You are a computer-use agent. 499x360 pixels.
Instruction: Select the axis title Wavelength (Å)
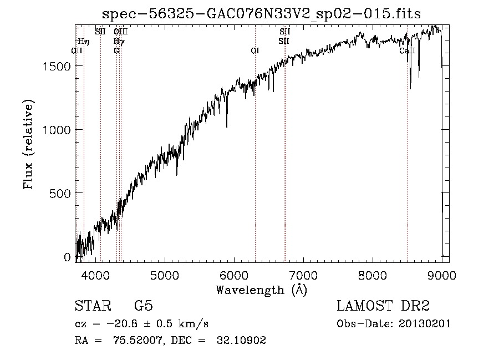coord(261,290)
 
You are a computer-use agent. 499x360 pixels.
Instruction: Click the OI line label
coord(255,51)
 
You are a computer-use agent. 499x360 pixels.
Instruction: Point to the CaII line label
coord(408,51)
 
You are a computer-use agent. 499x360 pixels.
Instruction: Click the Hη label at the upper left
coord(84,41)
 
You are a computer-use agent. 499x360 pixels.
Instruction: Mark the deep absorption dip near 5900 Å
coord(227,126)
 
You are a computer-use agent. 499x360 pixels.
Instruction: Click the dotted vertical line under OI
coord(255,166)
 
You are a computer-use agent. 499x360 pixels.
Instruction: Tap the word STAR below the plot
coord(90,306)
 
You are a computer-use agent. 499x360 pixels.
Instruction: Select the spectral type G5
coord(144,306)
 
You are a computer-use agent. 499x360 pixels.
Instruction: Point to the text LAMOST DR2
coord(383,306)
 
